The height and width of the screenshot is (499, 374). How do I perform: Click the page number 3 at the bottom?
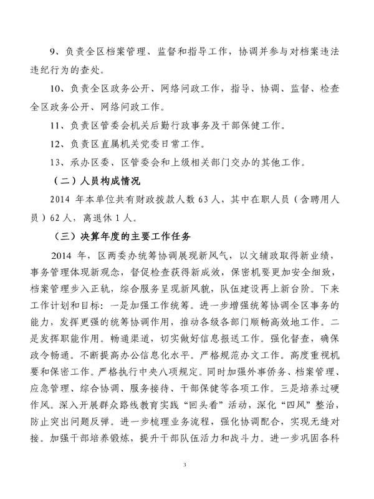point(186,465)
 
